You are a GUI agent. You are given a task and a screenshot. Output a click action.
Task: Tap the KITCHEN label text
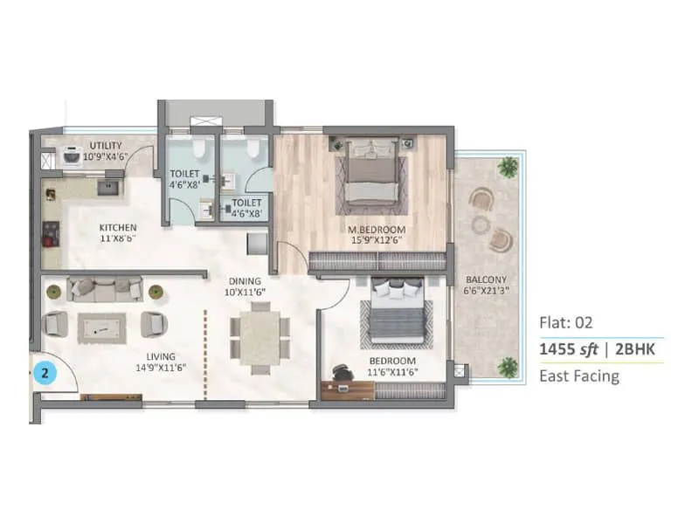tap(117, 227)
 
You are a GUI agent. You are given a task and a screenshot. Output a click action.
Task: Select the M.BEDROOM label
tap(377, 231)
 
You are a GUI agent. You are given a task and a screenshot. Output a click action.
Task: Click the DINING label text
tap(244, 281)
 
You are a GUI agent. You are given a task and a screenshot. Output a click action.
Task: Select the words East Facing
tap(579, 376)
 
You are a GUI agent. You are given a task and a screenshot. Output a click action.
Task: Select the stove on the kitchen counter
tap(49, 234)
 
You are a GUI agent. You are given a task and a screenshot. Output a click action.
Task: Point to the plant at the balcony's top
tap(507, 166)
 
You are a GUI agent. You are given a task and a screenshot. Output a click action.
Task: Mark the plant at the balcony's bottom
tap(507, 367)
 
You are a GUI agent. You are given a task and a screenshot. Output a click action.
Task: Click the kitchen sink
tap(110, 185)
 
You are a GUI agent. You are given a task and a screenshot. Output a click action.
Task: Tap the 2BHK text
tap(637, 349)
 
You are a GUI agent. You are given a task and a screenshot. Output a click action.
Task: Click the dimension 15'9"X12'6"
tap(377, 242)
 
